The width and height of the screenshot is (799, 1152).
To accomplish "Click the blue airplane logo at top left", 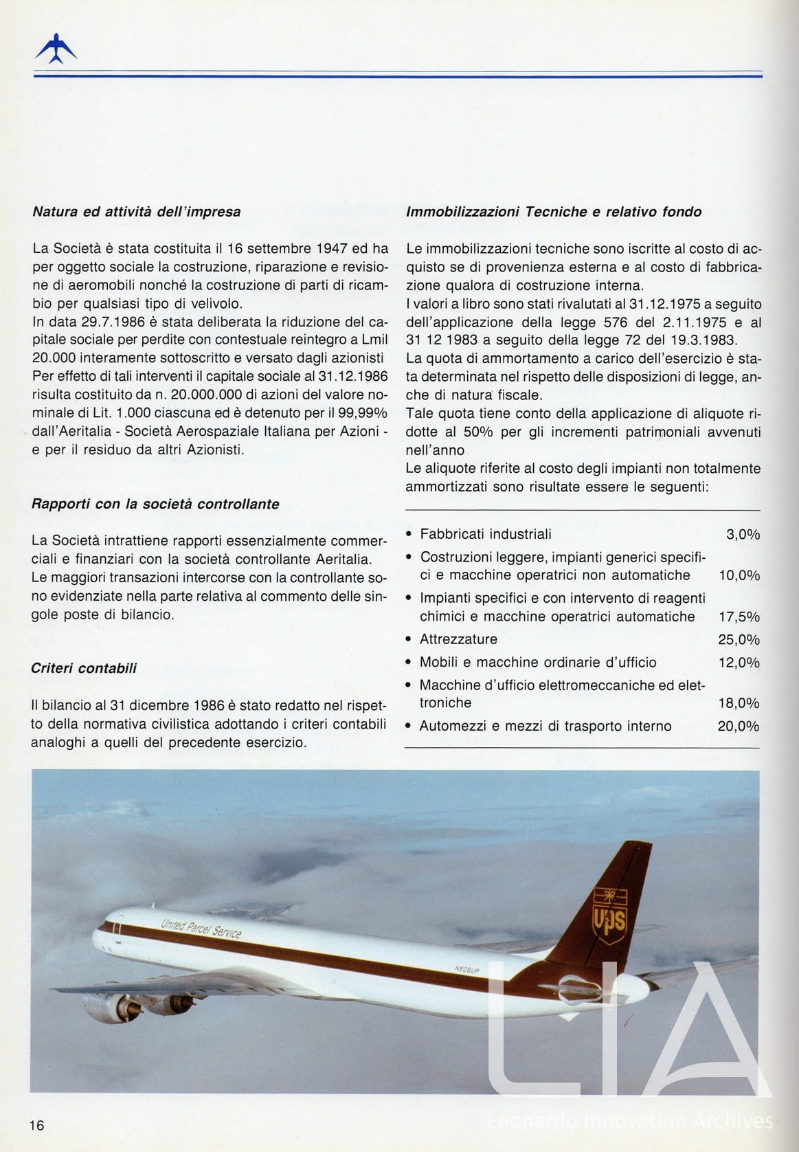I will coord(56,49).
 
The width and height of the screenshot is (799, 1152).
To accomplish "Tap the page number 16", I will coord(36,1125).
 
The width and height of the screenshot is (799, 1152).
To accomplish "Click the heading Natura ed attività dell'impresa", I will coord(137,212).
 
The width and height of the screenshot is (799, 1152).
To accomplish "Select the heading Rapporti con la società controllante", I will coord(155,504).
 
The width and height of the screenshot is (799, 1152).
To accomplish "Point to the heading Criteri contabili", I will coord(84,668).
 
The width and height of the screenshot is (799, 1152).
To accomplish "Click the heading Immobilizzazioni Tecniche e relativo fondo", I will coord(554,212).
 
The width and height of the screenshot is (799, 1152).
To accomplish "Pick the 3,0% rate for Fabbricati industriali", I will coord(743,535).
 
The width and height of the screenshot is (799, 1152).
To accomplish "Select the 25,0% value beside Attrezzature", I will coord(739,640).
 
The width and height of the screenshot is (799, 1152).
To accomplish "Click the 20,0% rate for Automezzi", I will coord(739,727).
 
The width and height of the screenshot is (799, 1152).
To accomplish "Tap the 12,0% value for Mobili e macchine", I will coord(739,663).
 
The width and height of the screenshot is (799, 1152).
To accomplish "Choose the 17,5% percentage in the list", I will coord(739,617).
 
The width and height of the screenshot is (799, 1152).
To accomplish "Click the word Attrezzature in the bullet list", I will coord(458,639).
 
